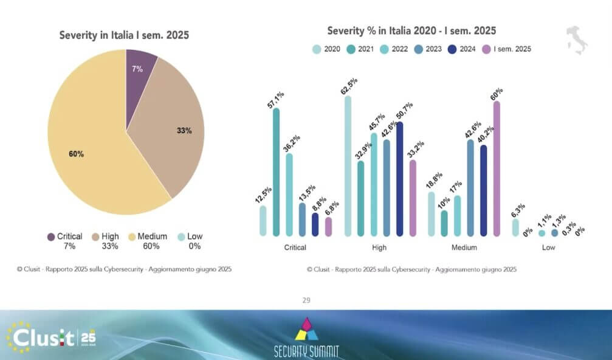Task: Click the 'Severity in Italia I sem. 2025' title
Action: (x=124, y=35)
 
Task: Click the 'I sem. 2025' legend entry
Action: (x=506, y=49)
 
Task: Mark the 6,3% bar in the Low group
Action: (x=515, y=227)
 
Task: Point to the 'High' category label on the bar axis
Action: (x=379, y=248)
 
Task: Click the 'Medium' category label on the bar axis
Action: (x=464, y=248)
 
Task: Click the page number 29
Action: (x=306, y=300)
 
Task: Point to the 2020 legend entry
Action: (x=326, y=49)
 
